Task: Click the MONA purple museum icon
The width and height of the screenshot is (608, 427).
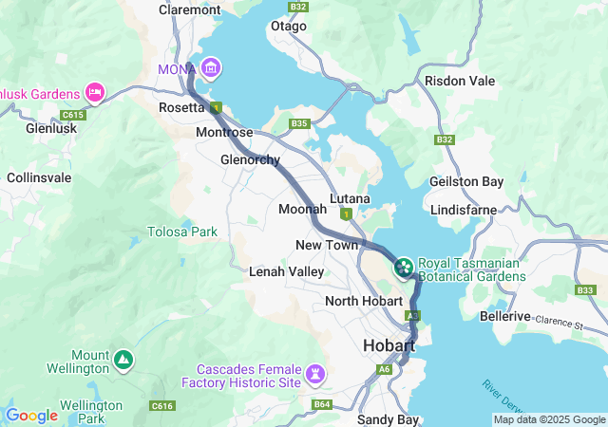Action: point(210,68)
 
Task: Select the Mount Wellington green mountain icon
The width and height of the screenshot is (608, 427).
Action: point(123,361)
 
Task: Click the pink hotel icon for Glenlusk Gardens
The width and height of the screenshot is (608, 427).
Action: point(95,92)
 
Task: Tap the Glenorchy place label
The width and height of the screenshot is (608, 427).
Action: point(250,159)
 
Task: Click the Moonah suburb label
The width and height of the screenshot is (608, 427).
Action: point(302,209)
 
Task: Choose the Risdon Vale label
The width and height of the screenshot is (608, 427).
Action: point(460,82)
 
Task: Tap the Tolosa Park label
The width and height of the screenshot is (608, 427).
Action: point(182,232)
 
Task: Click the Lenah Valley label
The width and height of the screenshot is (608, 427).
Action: point(286,271)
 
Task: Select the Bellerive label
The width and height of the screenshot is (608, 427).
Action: point(503,315)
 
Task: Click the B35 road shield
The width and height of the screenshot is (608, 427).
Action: point(300,124)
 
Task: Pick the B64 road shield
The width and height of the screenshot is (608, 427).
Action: point(322,405)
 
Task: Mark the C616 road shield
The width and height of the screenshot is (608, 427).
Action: point(162,406)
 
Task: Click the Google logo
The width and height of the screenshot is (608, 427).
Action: point(32,416)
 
